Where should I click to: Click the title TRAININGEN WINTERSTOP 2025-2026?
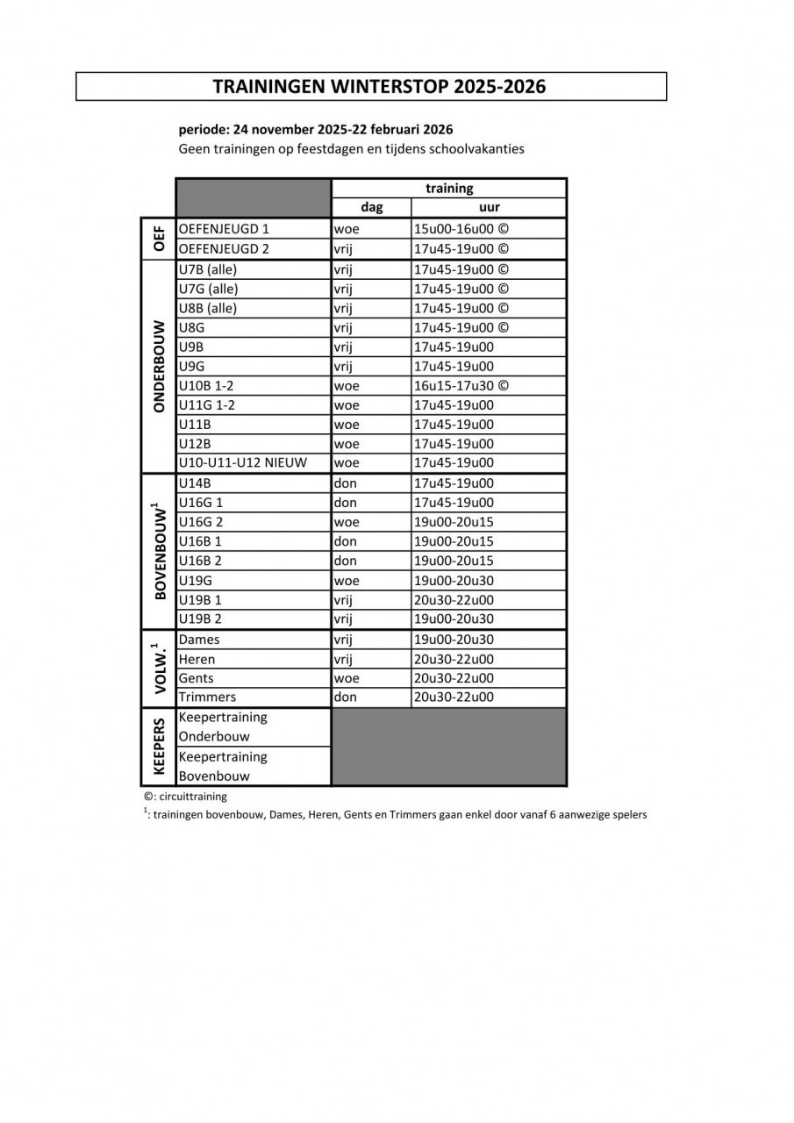(379, 86)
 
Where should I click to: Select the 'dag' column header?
(371, 208)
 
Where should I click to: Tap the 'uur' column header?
(490, 208)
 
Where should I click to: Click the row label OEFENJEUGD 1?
(224, 229)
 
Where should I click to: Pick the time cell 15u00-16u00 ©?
(461, 229)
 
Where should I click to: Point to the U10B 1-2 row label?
(207, 385)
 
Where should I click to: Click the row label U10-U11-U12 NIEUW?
(242, 462)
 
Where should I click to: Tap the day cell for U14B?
(345, 483)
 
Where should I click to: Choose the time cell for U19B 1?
(454, 600)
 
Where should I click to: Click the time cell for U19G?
(454, 580)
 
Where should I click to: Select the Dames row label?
(199, 640)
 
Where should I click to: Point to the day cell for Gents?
(347, 678)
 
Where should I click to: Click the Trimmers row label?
(207, 697)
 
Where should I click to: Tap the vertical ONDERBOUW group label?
(159, 366)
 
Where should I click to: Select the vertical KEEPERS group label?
(159, 747)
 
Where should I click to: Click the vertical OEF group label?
(159, 239)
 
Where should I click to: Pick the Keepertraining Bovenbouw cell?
(223, 766)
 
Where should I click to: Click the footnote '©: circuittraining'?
(185, 797)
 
